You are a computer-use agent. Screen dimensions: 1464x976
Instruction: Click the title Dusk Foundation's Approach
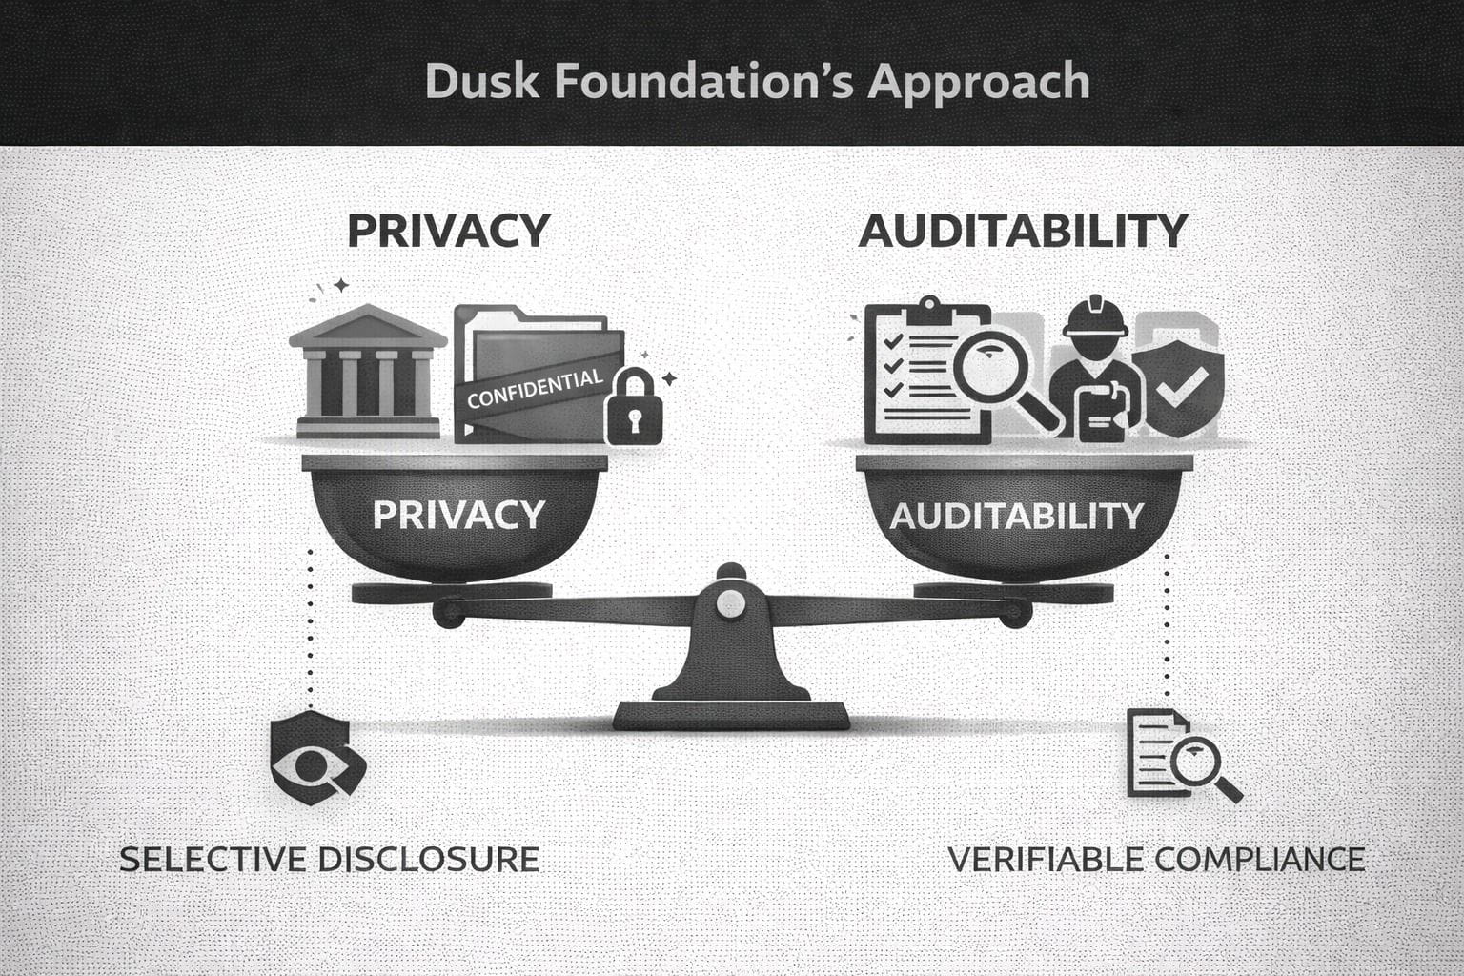coord(757,82)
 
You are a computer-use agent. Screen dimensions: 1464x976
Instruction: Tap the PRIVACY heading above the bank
coord(448,231)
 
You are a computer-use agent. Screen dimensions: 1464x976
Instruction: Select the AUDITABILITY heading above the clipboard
coord(1023,231)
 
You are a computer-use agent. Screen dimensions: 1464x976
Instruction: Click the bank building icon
coord(368,374)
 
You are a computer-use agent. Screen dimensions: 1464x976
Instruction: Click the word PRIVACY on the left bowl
coord(457,515)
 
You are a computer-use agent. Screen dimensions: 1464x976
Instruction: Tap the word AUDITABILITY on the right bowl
coord(1016,516)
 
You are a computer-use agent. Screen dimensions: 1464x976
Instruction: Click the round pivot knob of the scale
coord(731,601)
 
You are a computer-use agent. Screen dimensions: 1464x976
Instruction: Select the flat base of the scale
coord(732,715)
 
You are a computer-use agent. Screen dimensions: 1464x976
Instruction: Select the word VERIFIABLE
coord(1046,859)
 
